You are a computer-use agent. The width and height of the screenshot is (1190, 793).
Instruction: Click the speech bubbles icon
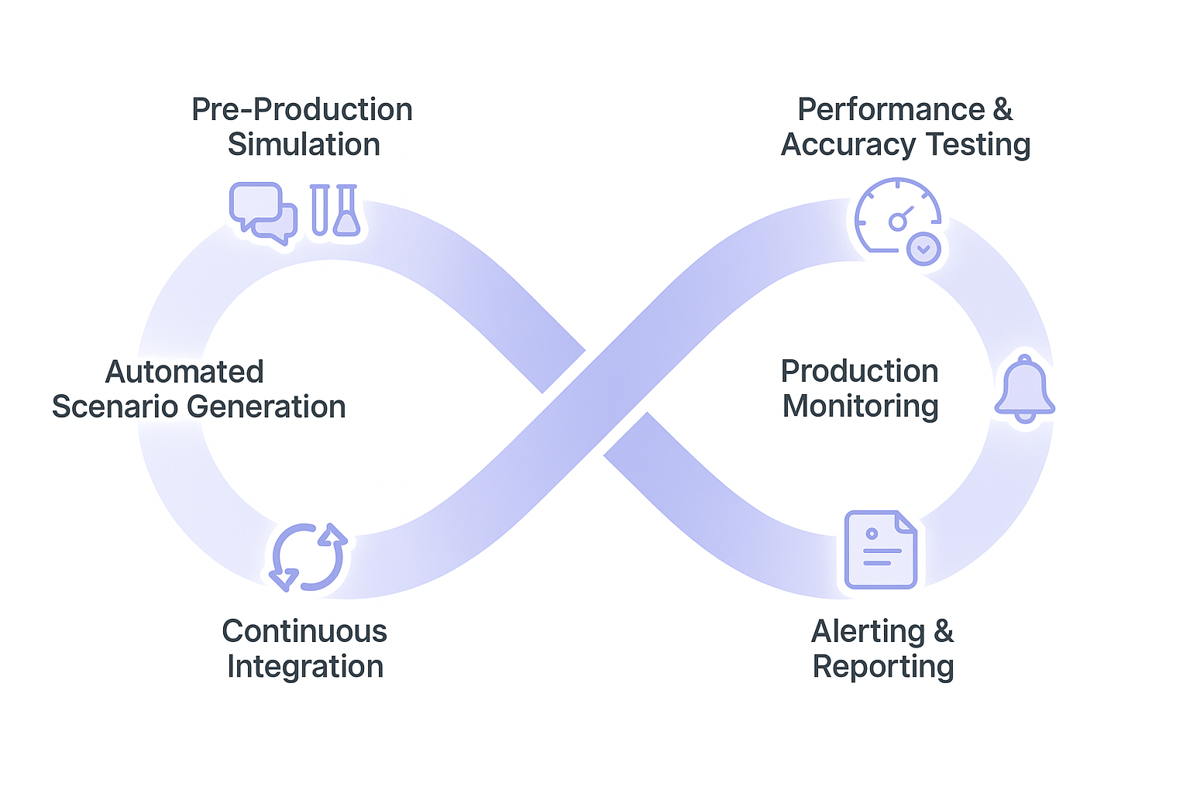263,212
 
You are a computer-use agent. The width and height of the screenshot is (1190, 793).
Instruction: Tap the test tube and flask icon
335,210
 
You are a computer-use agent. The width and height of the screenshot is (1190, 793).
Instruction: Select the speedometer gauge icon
896,217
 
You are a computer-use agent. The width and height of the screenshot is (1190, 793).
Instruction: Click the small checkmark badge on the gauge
923,249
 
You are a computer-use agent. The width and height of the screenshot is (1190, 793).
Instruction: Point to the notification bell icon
1024,390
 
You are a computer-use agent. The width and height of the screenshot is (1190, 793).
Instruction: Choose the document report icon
881,549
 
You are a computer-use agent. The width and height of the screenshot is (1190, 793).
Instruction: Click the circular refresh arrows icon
308,557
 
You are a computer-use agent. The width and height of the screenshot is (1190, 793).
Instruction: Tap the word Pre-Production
302,110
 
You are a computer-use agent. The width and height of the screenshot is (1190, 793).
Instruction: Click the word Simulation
304,145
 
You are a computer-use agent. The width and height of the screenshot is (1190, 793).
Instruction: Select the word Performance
891,110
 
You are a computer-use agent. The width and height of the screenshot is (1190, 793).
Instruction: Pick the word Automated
184,372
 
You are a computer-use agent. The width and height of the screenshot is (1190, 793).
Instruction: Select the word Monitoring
860,407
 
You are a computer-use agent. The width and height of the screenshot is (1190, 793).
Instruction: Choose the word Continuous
304,631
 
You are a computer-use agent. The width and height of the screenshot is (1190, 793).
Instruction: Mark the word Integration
305,667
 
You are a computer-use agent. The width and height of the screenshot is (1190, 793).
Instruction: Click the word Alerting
868,632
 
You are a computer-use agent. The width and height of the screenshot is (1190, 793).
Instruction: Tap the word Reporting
883,667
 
